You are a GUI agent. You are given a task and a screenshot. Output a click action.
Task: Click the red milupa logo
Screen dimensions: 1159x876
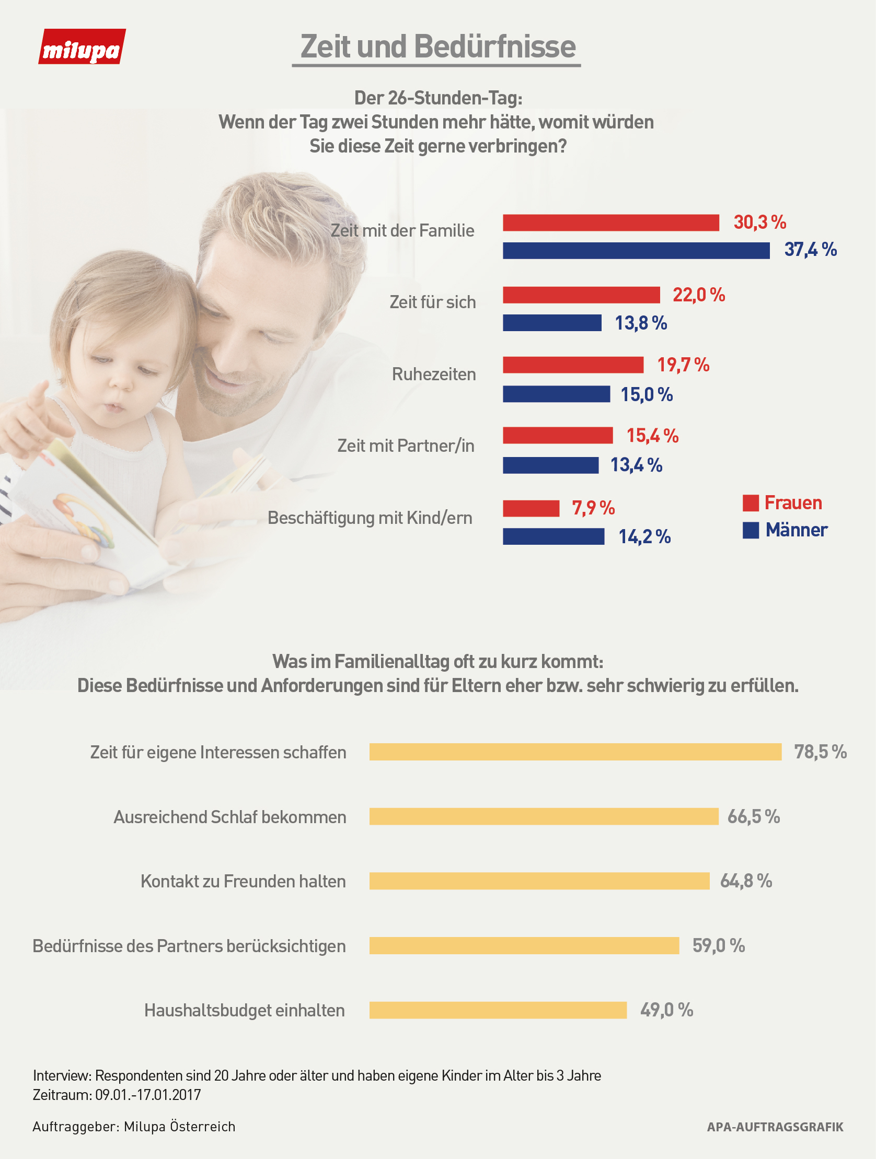[x=82, y=47]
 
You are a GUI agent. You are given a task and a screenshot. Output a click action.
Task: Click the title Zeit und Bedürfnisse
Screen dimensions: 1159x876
[x=437, y=46]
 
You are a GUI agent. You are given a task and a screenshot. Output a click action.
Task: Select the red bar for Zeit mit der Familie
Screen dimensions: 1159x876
[x=610, y=223]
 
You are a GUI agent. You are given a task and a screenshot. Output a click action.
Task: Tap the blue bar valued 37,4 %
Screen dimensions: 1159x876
[x=636, y=251]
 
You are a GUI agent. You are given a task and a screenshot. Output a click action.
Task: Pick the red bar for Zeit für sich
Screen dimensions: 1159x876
[x=581, y=295]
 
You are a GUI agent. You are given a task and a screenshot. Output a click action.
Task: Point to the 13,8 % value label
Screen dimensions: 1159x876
[x=641, y=323]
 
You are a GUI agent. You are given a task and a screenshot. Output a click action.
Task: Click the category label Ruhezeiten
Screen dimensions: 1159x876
[x=433, y=374]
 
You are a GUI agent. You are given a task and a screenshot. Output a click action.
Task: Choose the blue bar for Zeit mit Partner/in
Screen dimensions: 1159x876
[x=550, y=465]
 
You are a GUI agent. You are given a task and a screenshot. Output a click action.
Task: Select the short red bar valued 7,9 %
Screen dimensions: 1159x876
[x=531, y=508]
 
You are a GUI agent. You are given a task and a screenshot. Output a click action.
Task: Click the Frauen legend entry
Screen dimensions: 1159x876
[x=792, y=503]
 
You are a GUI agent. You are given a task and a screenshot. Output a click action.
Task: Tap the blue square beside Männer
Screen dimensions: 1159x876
[x=750, y=530]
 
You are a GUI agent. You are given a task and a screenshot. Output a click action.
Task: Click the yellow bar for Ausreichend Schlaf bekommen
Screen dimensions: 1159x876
[x=544, y=816]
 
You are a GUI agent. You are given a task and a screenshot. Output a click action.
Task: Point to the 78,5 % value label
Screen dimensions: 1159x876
[x=820, y=752]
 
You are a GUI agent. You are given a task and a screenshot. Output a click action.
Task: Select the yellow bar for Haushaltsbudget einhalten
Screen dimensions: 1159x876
[x=498, y=1010]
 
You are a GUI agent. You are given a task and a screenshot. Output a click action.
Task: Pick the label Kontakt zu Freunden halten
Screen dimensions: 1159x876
[x=243, y=881]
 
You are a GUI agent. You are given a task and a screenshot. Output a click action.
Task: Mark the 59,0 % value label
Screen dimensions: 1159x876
[x=718, y=946]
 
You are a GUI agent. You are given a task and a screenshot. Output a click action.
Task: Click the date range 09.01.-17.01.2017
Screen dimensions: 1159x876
[x=148, y=1095]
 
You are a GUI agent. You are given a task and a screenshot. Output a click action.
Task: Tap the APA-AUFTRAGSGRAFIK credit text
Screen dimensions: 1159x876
[x=775, y=1127]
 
